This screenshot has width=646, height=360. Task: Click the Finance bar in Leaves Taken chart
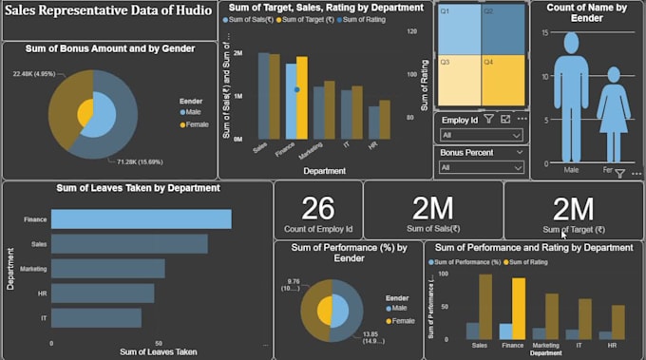[x=141, y=219]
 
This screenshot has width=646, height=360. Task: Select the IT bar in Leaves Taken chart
[x=96, y=318]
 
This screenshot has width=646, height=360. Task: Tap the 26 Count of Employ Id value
[x=318, y=210]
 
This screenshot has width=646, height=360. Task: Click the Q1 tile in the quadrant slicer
[x=459, y=29]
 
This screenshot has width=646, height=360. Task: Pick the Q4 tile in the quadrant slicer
[x=503, y=81]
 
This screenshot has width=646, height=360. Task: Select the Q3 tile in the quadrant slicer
[x=459, y=81]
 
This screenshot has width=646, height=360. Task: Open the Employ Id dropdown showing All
[x=482, y=136]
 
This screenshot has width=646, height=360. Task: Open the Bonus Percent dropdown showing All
[x=482, y=167]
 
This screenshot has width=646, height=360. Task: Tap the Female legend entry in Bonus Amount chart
[x=197, y=124]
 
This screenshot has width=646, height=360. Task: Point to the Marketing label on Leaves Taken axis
[x=33, y=269]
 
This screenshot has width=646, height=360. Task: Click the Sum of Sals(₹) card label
[x=432, y=229]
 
